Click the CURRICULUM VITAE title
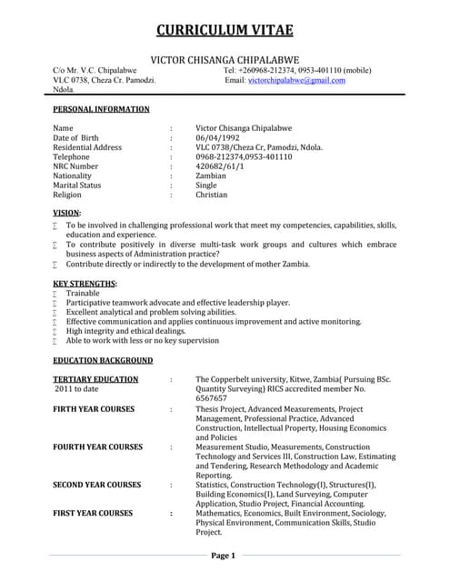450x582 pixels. [x=225, y=30]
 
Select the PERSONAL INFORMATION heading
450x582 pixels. [x=101, y=109]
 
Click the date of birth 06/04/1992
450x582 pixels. [x=220, y=137]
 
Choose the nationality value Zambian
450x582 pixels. [x=212, y=176]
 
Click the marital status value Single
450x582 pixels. [x=207, y=186]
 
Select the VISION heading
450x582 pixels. [x=67, y=212]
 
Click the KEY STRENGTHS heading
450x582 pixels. [x=85, y=284]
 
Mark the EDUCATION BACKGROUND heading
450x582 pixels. [x=102, y=360]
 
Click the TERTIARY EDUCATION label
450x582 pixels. [x=95, y=377]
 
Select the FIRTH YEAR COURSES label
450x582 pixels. [x=94, y=409]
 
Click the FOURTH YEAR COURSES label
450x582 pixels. [x=97, y=447]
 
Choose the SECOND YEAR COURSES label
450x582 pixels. [x=97, y=485]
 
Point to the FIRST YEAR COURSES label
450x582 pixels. [x=93, y=513]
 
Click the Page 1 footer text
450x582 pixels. [x=224, y=555]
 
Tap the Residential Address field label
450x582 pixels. [x=87, y=147]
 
